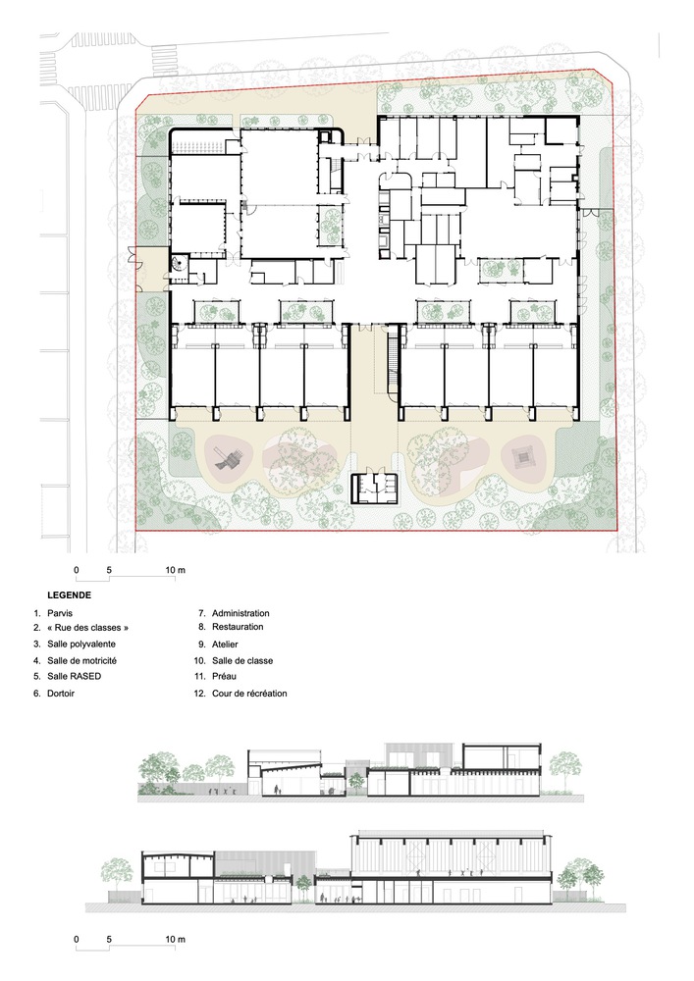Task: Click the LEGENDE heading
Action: [x=70, y=595]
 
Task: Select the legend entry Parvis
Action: [x=60, y=613]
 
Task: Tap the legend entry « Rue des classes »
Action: [x=87, y=628]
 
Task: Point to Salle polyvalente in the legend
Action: [x=81, y=644]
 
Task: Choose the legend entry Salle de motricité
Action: [x=82, y=660]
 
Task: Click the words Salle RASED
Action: [x=74, y=676]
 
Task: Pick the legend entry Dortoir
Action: [x=61, y=694]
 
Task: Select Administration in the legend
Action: [x=240, y=613]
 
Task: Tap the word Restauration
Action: [x=238, y=626]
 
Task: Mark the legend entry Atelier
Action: [x=226, y=644]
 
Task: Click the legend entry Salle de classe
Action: [x=242, y=660]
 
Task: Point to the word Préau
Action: [x=224, y=676]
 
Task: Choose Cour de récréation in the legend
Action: [x=249, y=694]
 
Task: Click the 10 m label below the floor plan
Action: [x=176, y=570]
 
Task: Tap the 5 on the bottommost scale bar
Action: [x=109, y=939]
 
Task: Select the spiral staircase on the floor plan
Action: [x=181, y=263]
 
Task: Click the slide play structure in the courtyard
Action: [x=228, y=461]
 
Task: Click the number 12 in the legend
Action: [x=200, y=694]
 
